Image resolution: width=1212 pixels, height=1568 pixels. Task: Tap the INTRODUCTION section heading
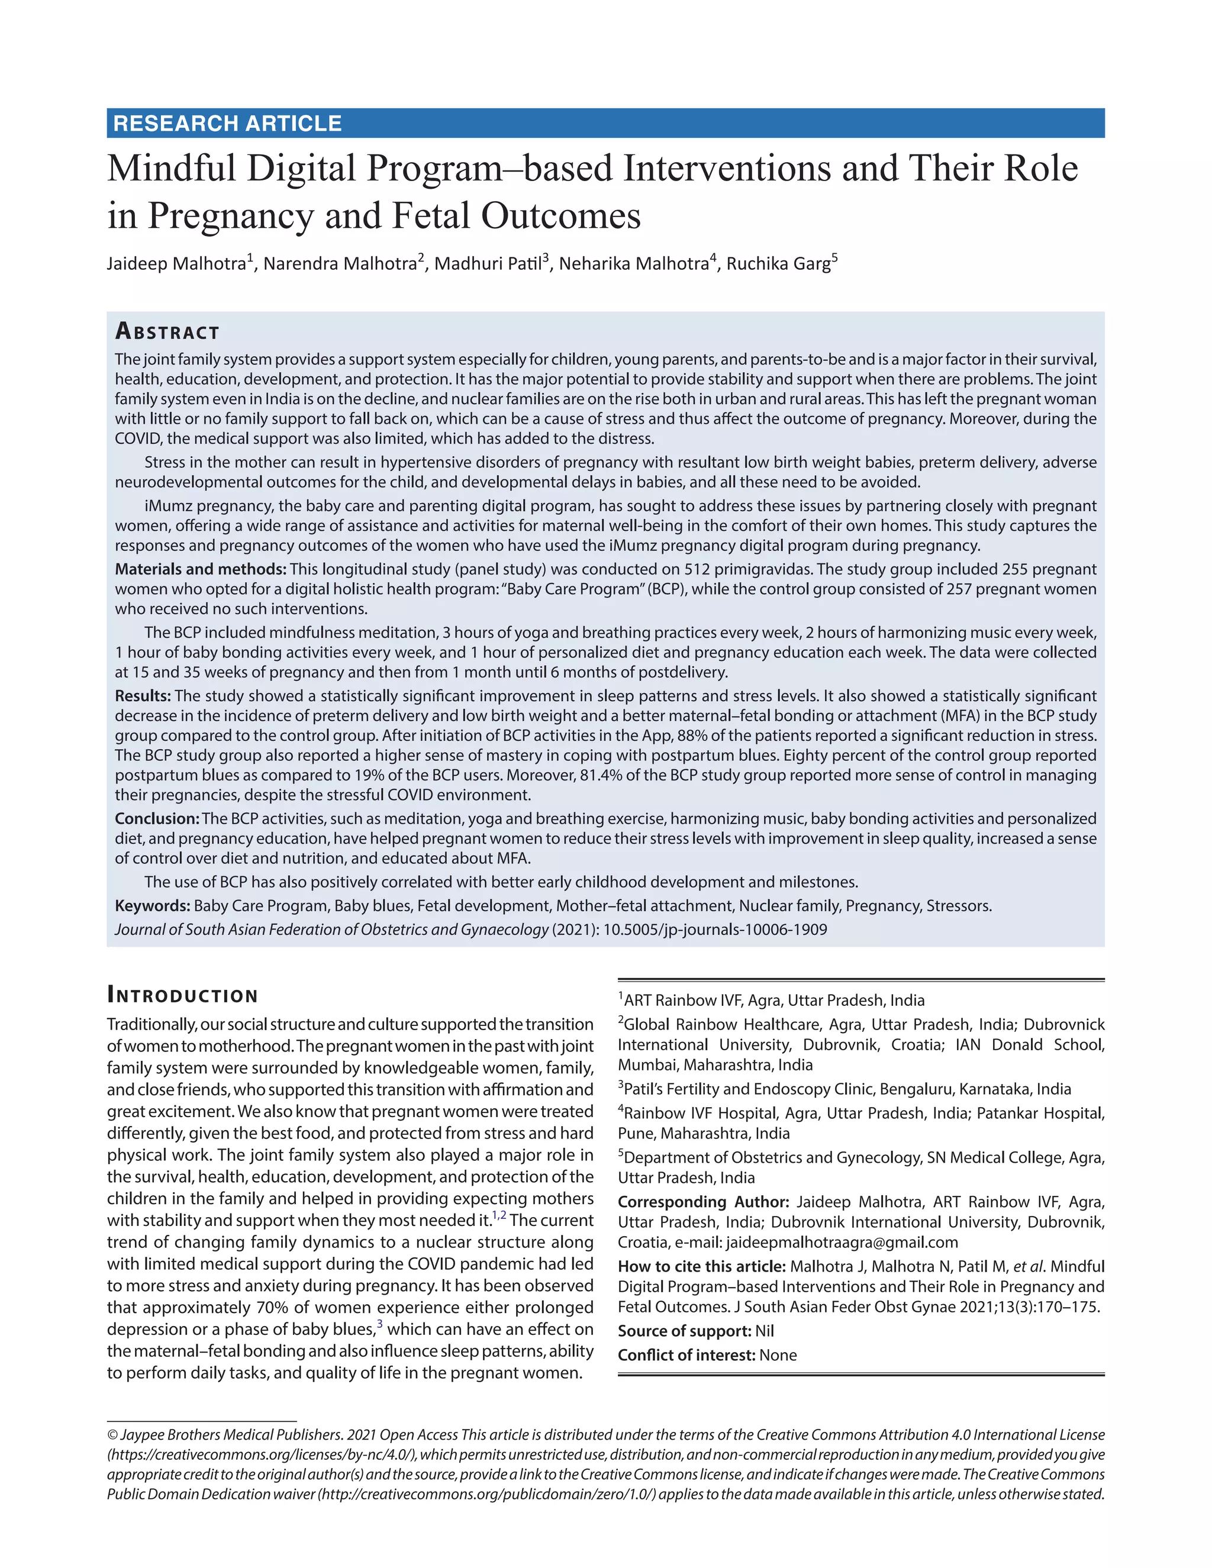pos(182,995)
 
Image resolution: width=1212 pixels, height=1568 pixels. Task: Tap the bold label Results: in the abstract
pos(143,696)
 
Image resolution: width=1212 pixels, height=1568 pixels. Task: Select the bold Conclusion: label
pos(156,818)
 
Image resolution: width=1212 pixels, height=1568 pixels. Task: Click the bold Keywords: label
pos(152,906)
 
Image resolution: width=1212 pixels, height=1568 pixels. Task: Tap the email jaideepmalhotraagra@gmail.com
pos(842,1243)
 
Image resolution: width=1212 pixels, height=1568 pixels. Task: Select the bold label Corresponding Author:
pos(703,1202)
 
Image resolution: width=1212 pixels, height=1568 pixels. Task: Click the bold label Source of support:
pos(684,1331)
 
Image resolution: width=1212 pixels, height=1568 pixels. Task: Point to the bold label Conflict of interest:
pos(686,1356)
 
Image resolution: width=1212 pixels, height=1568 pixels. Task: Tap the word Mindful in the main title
pos(171,169)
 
